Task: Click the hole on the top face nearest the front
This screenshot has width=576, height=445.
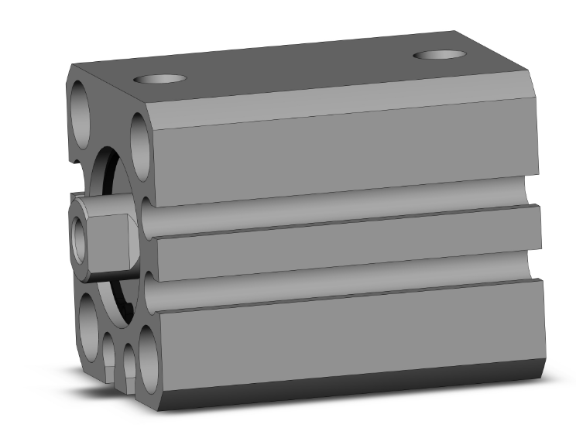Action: click(161, 79)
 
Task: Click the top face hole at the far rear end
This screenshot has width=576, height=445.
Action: click(438, 55)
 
